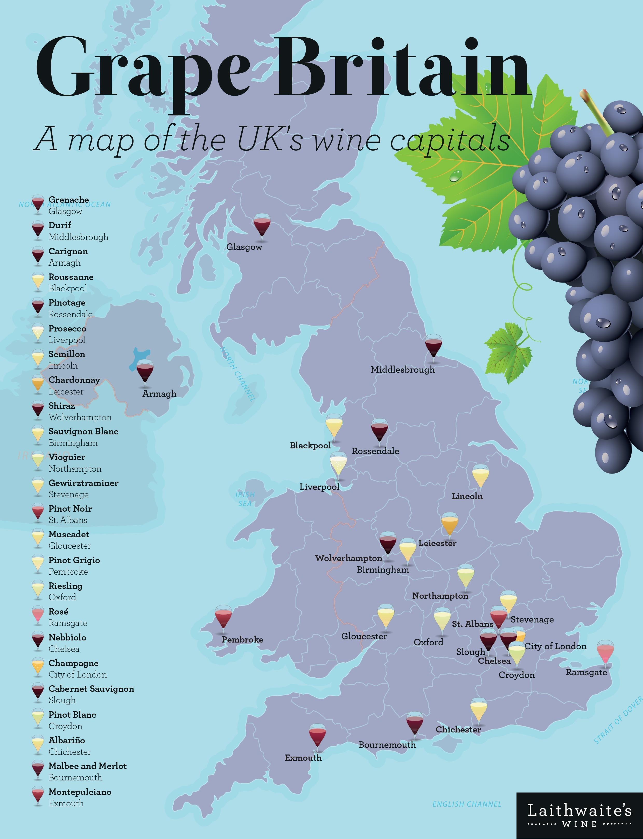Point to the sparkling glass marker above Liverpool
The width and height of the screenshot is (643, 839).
[x=338, y=464]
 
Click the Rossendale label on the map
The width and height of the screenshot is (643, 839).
[x=375, y=451]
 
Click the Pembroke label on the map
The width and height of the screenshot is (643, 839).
[x=242, y=640]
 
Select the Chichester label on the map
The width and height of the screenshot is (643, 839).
[x=458, y=730]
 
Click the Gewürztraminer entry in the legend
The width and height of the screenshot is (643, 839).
[x=83, y=483]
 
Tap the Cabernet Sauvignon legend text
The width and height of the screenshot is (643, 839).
[x=91, y=689]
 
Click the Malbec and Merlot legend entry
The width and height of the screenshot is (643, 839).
[x=87, y=766]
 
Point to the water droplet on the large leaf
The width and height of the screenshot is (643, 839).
[x=456, y=176]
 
